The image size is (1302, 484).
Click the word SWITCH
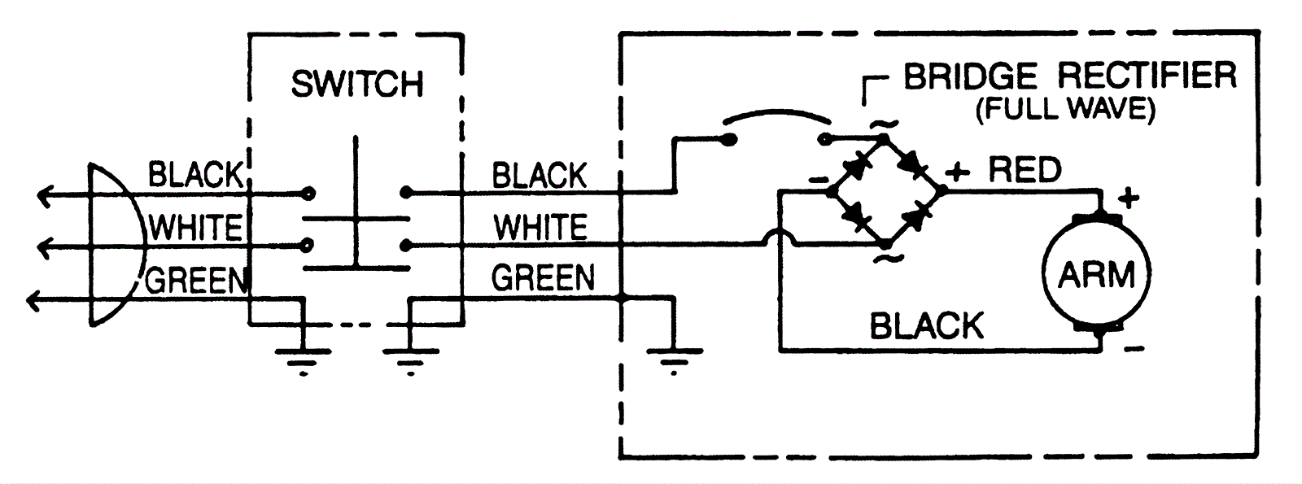click(x=356, y=85)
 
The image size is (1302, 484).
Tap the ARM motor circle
click(x=1096, y=275)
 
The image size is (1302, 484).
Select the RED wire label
click(x=1025, y=170)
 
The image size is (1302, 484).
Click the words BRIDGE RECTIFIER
click(x=1069, y=76)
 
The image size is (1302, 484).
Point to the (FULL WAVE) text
click(x=1065, y=109)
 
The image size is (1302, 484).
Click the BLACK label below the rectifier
click(x=926, y=326)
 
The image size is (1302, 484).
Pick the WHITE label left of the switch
click(x=195, y=229)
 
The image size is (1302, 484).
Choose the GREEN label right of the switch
click(x=543, y=278)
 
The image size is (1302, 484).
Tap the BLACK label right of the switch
click(x=539, y=176)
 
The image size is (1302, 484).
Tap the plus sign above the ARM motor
click(x=1129, y=197)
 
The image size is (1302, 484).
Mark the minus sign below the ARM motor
click(x=1136, y=350)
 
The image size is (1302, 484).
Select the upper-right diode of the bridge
click(x=913, y=166)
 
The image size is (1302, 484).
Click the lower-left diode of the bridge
click(x=856, y=216)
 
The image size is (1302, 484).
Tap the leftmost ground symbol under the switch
click(x=303, y=358)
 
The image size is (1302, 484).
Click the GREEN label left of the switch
click(x=196, y=281)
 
